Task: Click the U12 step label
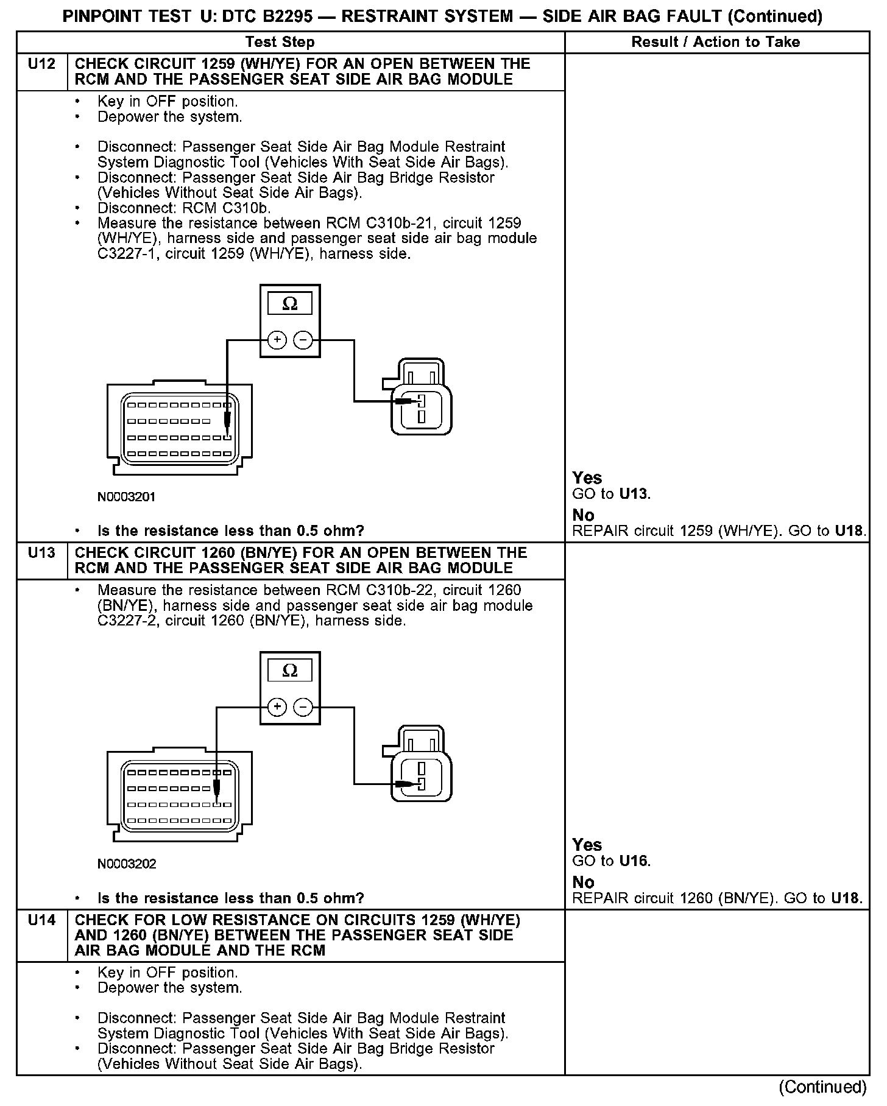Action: pos(41,64)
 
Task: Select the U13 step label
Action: pos(41,553)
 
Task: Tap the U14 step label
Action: pos(41,920)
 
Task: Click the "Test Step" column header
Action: pos(280,42)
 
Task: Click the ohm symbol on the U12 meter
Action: pos(290,303)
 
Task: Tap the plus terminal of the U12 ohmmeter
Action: pos(277,340)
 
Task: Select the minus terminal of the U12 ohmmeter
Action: pos(303,340)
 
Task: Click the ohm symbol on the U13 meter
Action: pos(290,671)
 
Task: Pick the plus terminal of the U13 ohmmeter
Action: pos(277,707)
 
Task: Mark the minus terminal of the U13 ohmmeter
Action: pos(303,707)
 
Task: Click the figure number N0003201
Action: pos(127,497)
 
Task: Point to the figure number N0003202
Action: pos(127,864)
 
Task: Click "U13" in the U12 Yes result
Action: pos(634,494)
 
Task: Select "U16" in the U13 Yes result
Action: pos(634,861)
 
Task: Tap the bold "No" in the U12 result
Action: pos(584,515)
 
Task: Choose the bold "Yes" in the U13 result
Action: pos(587,845)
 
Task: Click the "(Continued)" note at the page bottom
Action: pos(822,1087)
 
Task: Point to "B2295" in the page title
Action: pos(287,16)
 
